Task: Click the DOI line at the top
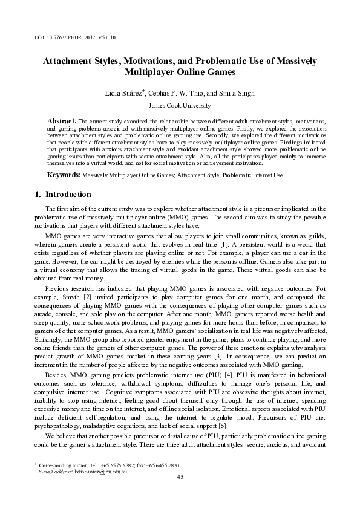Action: (72, 37)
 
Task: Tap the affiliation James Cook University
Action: (180, 106)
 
